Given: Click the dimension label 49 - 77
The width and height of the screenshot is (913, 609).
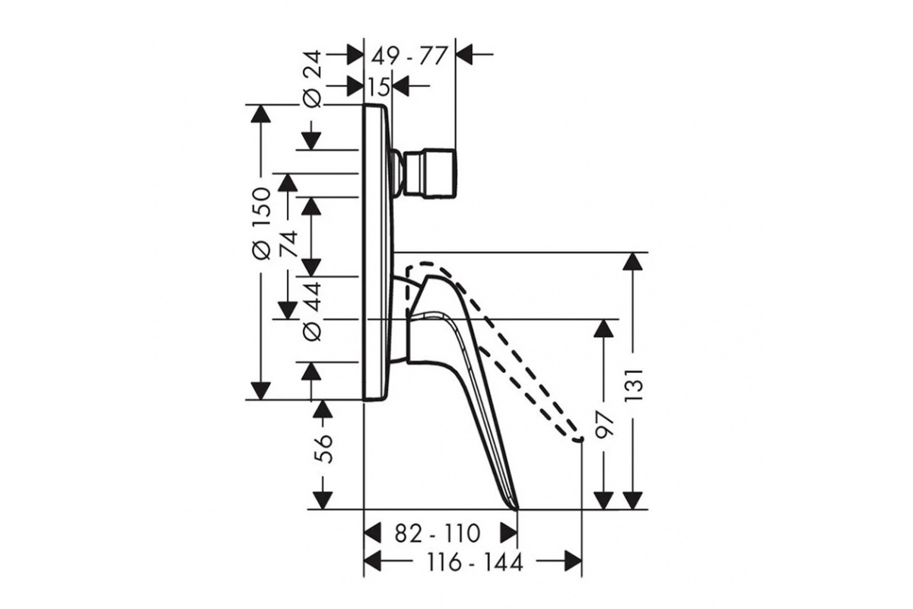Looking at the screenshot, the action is (409, 56).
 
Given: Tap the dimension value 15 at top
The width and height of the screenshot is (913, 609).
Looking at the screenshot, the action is (379, 87).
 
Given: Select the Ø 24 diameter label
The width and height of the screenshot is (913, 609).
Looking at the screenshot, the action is (313, 79).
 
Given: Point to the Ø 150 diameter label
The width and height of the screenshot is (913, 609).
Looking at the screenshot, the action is (261, 223).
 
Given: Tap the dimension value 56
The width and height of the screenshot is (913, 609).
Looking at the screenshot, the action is (324, 448).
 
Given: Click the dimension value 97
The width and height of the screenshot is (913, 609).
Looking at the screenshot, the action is (603, 425).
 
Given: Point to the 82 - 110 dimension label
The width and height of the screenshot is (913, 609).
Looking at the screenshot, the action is (437, 533).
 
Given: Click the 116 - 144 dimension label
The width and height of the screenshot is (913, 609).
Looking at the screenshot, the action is (474, 563).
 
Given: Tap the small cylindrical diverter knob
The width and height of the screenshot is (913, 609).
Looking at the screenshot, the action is (431, 174).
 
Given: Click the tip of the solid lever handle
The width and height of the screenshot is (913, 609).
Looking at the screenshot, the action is (517, 509).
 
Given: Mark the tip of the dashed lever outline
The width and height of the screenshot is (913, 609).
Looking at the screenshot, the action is (580, 439).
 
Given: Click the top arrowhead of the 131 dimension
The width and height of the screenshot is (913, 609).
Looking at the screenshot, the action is (633, 261).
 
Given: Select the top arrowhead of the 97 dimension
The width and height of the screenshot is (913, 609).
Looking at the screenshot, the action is (603, 328).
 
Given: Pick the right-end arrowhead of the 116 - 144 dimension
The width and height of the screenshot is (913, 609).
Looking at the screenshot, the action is (573, 563).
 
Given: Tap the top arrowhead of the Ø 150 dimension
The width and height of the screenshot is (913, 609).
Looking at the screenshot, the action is (261, 113).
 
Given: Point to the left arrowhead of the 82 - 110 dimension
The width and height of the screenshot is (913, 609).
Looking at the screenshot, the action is (372, 533).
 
